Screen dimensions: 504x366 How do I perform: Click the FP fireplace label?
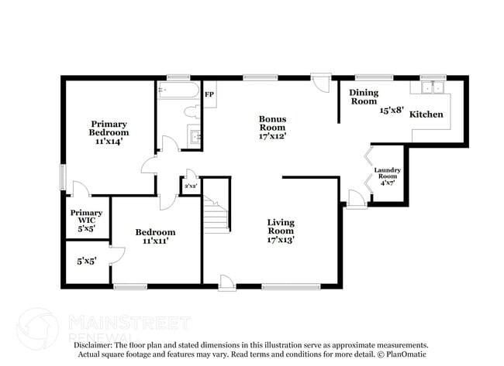[x=209, y=94]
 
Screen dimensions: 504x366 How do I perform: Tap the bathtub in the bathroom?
[x=178, y=90]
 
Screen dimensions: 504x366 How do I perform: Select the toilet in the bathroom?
[x=192, y=112]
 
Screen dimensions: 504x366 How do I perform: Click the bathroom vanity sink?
[x=194, y=136]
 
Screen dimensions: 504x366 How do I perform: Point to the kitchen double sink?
[x=433, y=87]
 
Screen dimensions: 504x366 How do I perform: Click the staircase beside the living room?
[x=216, y=214]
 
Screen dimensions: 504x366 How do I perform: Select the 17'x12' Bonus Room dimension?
[x=273, y=136]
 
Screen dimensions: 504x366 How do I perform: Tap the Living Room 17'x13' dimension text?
[x=281, y=240]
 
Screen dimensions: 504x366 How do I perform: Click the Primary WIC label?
[x=86, y=217]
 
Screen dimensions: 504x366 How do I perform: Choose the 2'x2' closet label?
[x=191, y=186]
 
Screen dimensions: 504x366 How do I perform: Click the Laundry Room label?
[x=388, y=173]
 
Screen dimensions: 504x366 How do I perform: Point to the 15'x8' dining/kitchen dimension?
[x=392, y=110]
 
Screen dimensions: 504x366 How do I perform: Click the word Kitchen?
[x=426, y=115]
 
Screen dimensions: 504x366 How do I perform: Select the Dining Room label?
[x=364, y=97]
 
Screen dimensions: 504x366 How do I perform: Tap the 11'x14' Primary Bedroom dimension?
[x=109, y=141]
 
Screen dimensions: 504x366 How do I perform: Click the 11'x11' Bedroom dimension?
[x=156, y=241]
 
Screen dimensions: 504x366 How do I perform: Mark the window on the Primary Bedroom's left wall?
[x=64, y=177]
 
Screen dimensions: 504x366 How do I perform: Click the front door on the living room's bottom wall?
[x=227, y=283]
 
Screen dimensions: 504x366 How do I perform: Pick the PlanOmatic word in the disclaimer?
[x=406, y=354]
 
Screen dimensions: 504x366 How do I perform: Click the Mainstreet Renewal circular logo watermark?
[x=37, y=329]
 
